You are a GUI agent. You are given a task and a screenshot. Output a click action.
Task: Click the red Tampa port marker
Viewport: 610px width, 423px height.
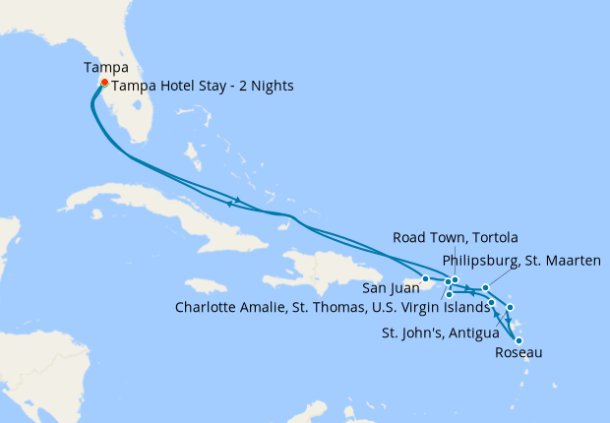pos(104,83)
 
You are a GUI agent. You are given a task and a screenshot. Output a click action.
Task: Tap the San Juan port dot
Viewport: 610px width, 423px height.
pos(425,278)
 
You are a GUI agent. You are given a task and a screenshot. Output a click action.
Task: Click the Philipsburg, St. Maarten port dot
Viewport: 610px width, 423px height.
pos(486,288)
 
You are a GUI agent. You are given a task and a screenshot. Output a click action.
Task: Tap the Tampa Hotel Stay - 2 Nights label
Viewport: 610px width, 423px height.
pos(203,86)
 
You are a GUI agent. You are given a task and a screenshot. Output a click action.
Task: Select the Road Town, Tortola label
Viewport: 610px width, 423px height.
pos(455,238)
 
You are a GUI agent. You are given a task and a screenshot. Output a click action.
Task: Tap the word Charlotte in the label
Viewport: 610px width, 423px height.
pos(206,306)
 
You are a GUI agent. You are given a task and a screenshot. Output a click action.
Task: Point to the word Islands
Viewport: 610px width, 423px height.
pos(463,306)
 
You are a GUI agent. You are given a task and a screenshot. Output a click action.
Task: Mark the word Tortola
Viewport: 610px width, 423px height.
pos(493,238)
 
